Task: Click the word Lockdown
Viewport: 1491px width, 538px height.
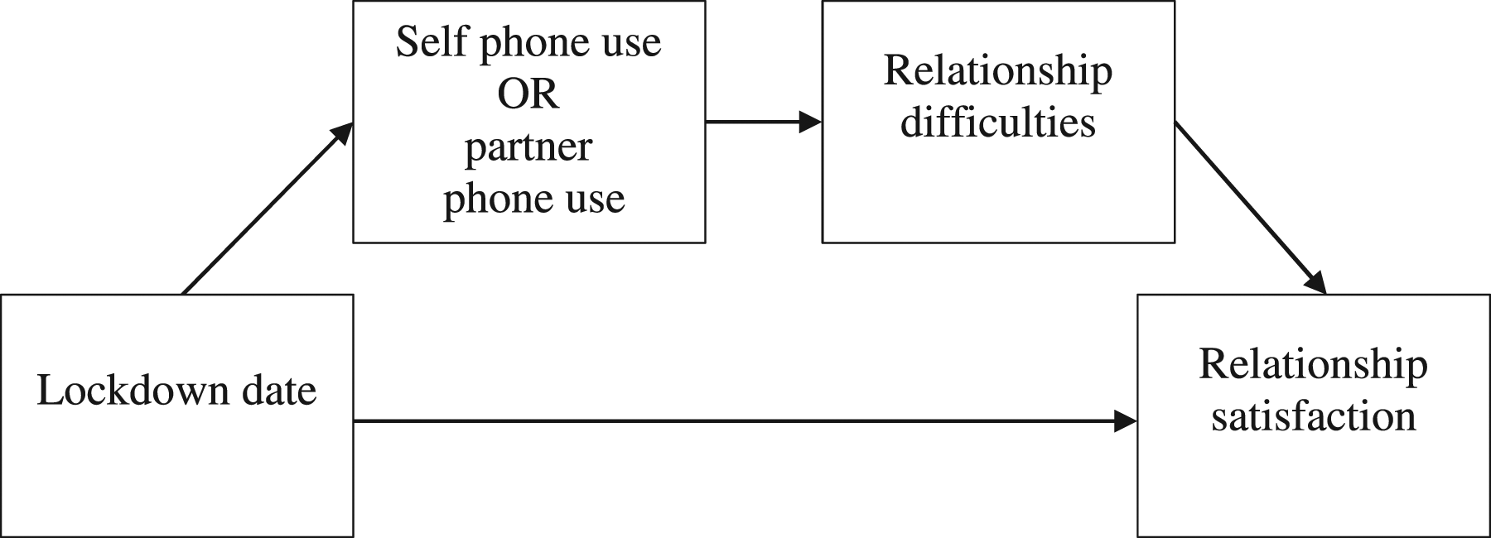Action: point(132,390)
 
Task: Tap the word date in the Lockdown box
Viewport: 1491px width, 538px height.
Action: point(279,390)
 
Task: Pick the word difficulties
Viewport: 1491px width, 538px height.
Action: point(998,123)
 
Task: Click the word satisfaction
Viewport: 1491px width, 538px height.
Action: point(1314,416)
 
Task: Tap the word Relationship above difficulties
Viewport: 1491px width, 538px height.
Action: point(998,72)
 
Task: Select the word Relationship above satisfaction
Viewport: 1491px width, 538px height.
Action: point(1314,367)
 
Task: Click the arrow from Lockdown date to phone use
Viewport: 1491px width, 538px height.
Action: point(268,209)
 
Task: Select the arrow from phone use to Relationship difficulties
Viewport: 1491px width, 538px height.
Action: point(764,122)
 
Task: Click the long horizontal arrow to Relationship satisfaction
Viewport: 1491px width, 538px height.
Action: point(745,421)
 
